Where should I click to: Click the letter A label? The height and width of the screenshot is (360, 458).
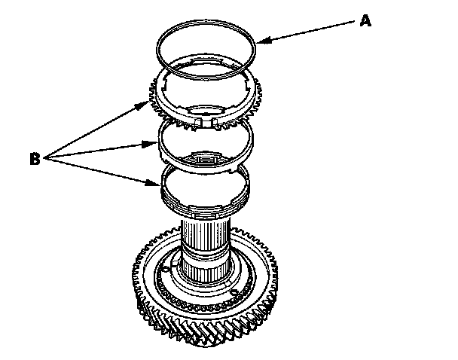click(365, 21)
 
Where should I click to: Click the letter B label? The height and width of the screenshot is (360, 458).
click(35, 159)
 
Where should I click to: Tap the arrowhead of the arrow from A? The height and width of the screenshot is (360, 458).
click(259, 44)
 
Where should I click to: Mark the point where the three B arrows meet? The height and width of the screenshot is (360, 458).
click(48, 158)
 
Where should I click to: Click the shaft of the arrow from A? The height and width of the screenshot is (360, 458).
click(309, 32)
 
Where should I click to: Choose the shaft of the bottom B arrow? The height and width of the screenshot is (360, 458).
click(102, 170)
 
